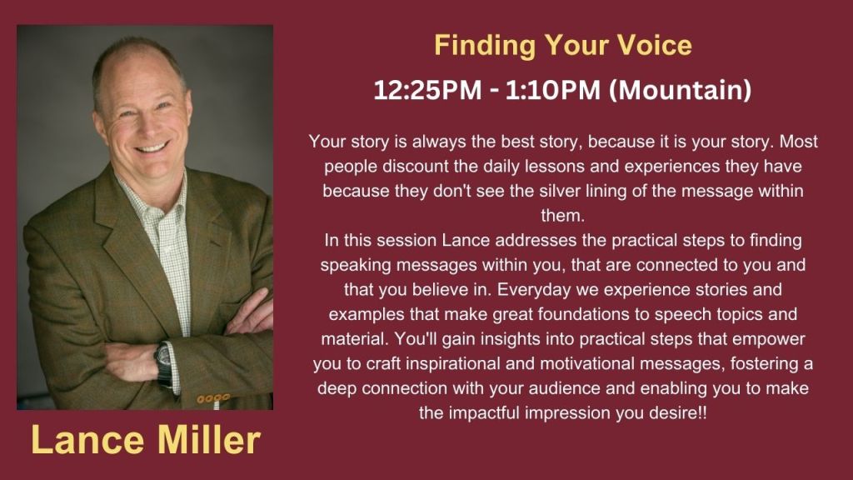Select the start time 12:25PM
click(427, 90)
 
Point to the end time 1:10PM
click(553, 90)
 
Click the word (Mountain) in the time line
click(680, 90)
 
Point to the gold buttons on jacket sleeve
click(212, 399)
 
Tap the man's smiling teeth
click(152, 147)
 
